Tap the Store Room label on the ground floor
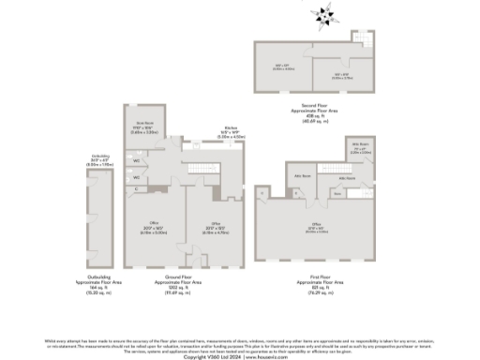click(x=142, y=126)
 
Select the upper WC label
click(x=136, y=160)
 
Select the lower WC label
click(x=136, y=174)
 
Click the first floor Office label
click(x=317, y=226)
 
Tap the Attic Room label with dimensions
click(x=359, y=148)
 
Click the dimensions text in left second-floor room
click(x=284, y=66)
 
